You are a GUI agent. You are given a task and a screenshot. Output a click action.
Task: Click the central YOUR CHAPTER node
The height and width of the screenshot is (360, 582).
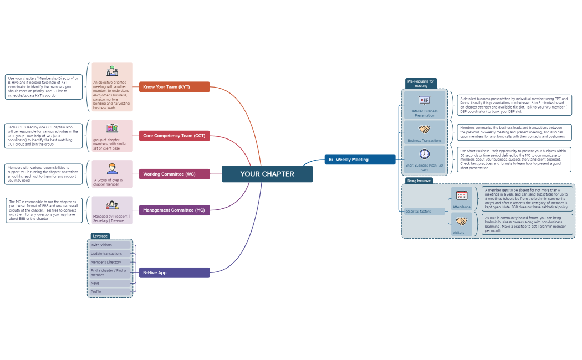(x=267, y=174)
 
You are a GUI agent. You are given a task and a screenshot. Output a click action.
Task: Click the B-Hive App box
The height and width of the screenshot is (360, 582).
(x=174, y=272)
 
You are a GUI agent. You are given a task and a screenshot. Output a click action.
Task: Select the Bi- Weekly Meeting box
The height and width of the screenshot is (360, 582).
(x=360, y=160)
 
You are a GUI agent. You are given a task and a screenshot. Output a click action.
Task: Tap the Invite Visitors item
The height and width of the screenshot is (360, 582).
(x=109, y=245)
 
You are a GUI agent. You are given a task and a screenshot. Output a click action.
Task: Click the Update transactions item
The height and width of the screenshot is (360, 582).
(x=109, y=254)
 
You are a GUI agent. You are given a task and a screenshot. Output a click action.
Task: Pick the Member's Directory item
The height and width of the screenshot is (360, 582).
(x=109, y=262)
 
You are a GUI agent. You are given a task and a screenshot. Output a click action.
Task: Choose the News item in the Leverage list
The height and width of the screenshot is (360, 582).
(x=109, y=283)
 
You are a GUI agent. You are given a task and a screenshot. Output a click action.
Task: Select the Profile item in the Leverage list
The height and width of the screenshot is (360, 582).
(x=109, y=292)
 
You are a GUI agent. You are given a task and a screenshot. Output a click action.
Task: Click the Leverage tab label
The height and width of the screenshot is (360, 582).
(x=100, y=236)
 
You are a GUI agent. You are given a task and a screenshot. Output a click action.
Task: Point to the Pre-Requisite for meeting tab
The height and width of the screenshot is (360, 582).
(x=421, y=83)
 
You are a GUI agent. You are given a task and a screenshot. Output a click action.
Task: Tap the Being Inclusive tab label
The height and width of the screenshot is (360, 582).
(x=418, y=181)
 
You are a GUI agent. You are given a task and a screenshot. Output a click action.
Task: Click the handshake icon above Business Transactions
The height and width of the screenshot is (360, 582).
(x=425, y=130)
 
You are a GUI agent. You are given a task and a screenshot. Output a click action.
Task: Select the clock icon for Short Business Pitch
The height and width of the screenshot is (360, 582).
(x=425, y=154)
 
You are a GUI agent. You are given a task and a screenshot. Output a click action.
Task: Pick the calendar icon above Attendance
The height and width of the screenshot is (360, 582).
(x=462, y=196)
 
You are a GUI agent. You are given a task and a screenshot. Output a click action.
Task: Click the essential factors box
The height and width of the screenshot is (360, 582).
(x=425, y=211)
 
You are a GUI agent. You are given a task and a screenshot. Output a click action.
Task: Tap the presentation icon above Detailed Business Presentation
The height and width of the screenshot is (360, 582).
(x=425, y=100)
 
